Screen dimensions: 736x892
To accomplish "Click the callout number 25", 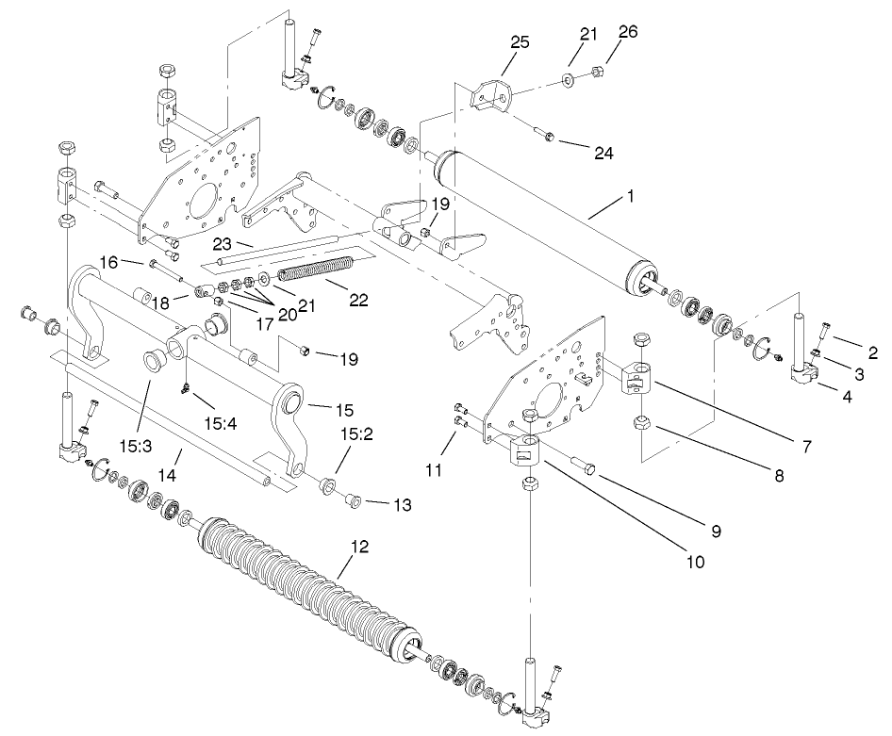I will [520, 42].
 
